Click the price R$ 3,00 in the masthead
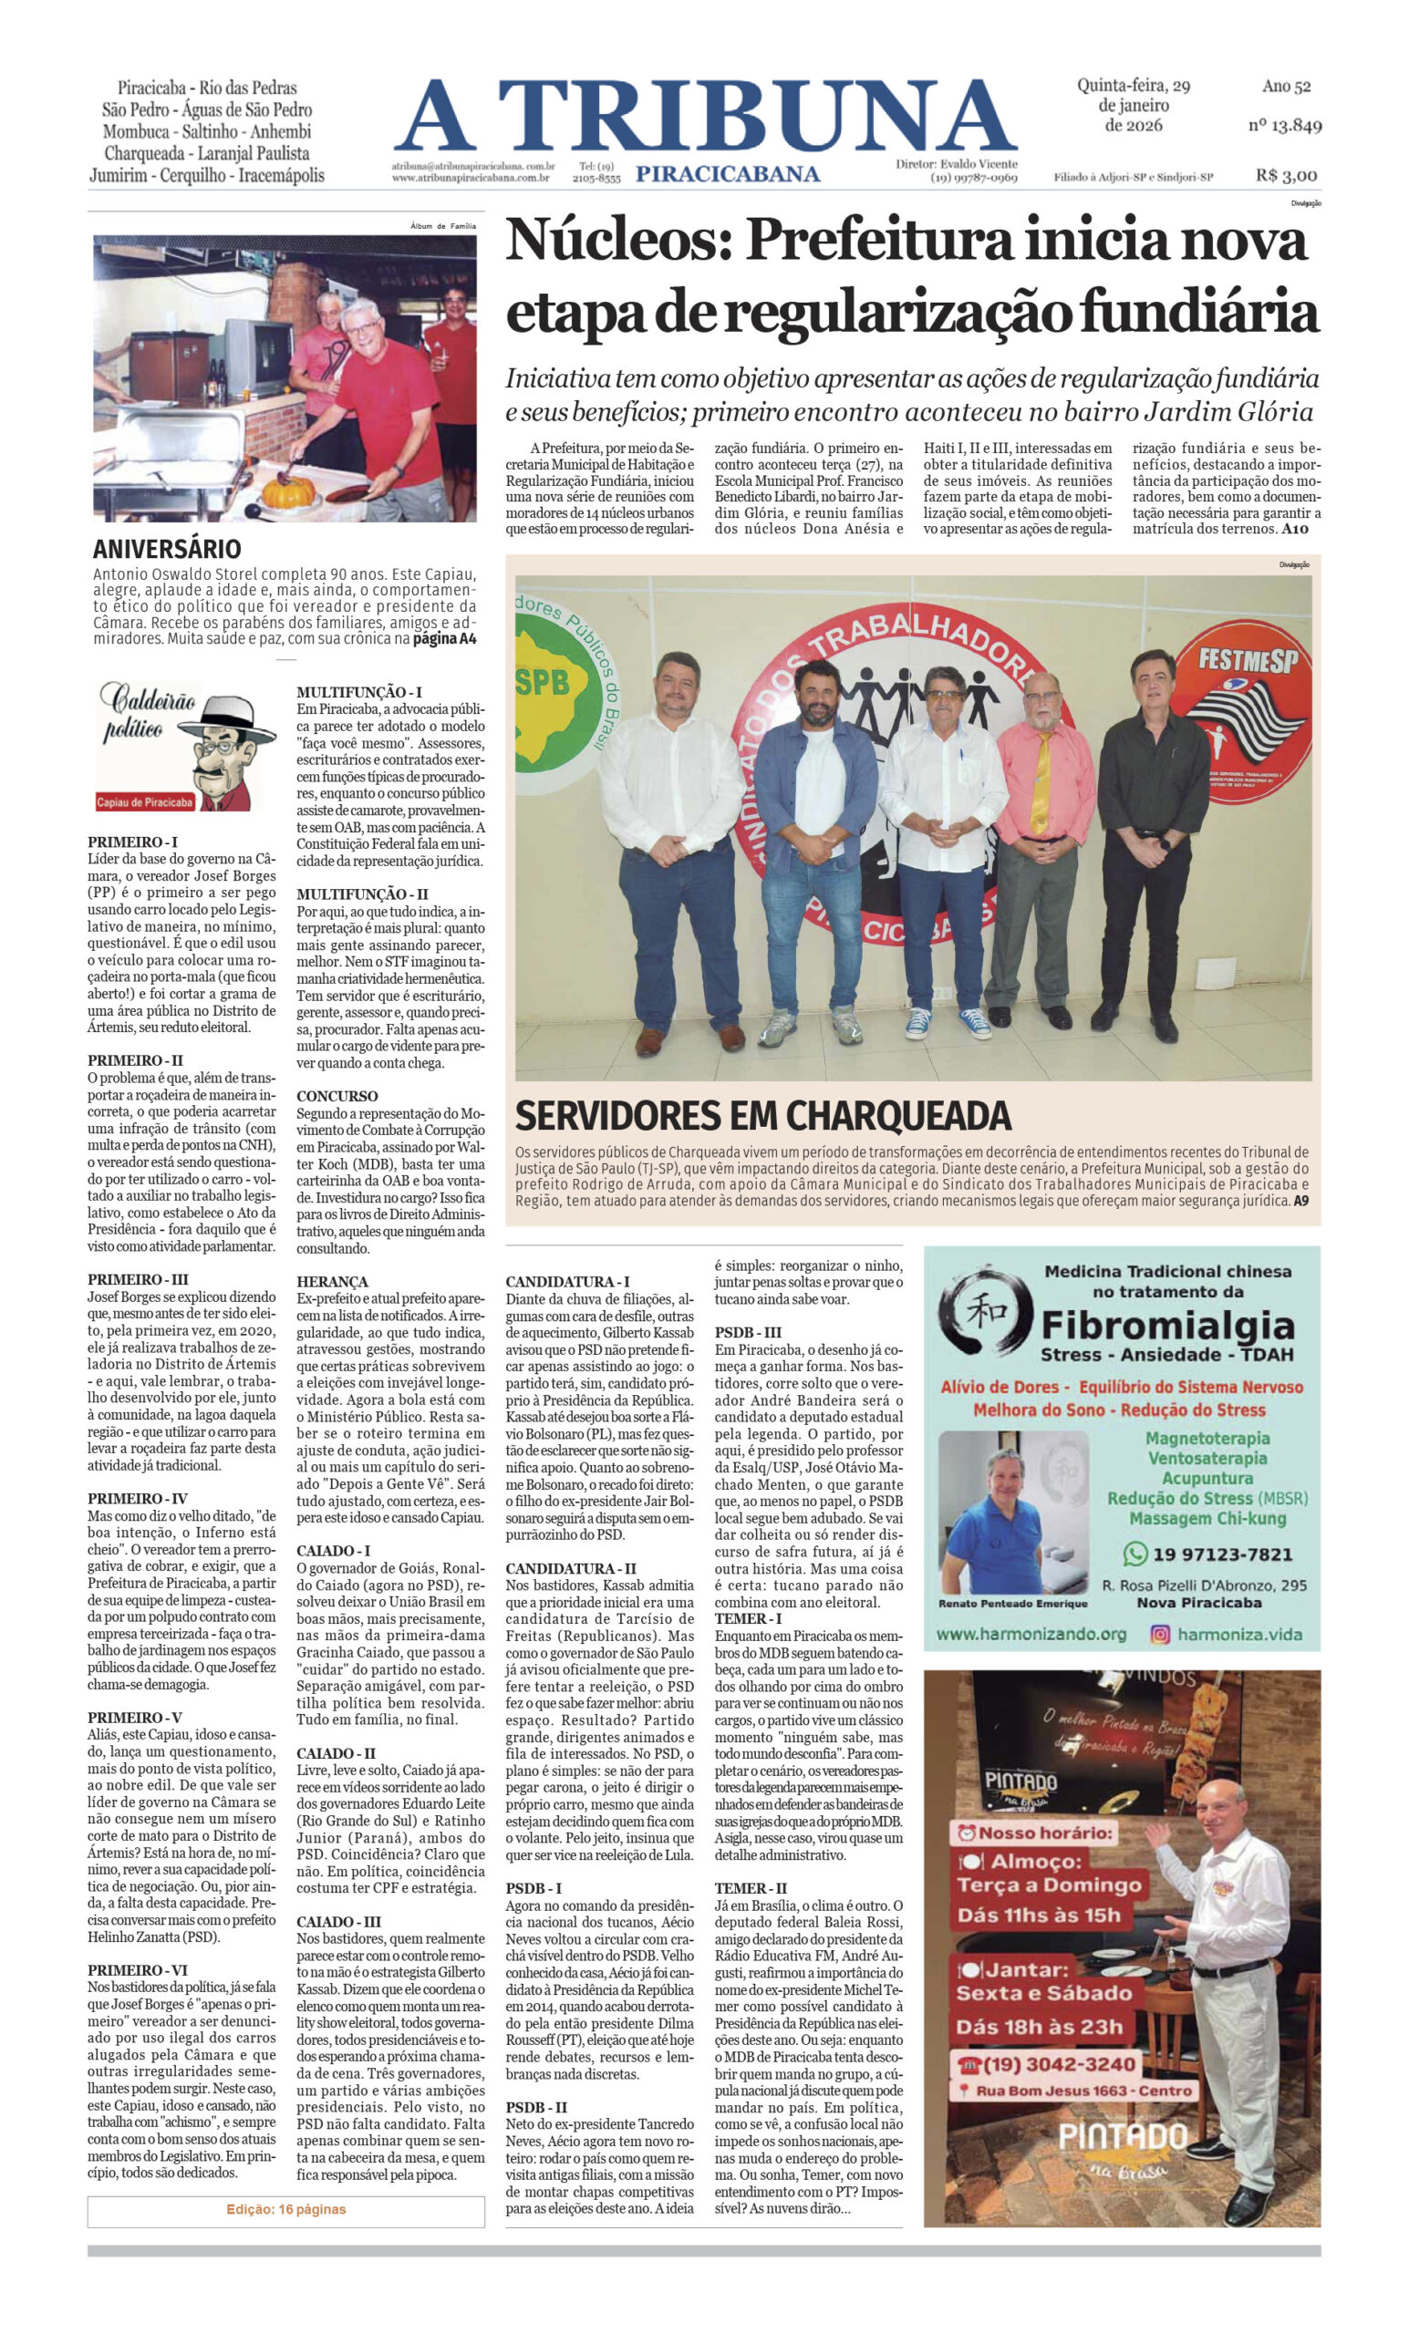(1286, 175)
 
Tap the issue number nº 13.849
(1284, 125)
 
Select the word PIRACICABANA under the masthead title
(727, 173)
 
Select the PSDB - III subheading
(748, 1332)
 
